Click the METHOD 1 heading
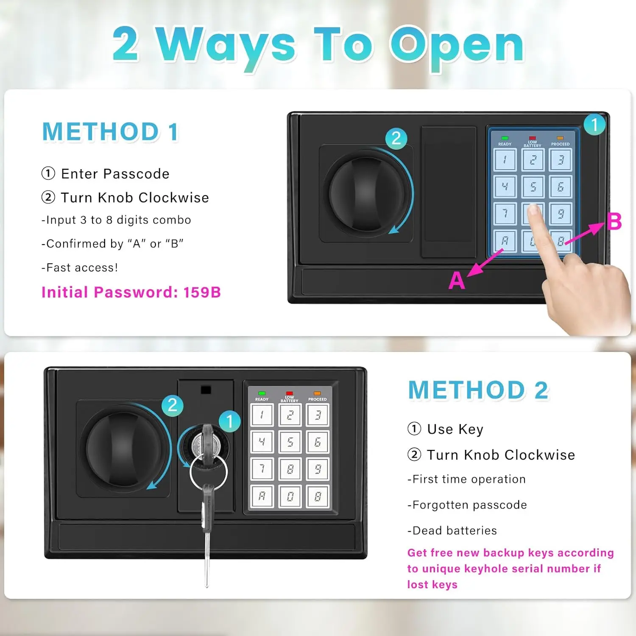pos(110,131)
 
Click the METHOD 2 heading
pos(478,390)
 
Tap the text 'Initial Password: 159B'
pos(131,292)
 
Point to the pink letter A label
pos(457,281)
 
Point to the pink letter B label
pos(614,221)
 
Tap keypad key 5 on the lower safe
pos(290,442)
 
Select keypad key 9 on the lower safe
pos(318,469)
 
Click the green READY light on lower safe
pos(262,393)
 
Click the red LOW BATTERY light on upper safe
pos(532,138)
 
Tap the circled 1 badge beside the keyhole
pos(230,421)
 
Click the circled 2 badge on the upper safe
pos(396,138)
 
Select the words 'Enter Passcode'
pos(115,173)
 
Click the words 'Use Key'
pos(455,429)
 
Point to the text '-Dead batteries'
pos(452,530)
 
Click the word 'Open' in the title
pos(457,45)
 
